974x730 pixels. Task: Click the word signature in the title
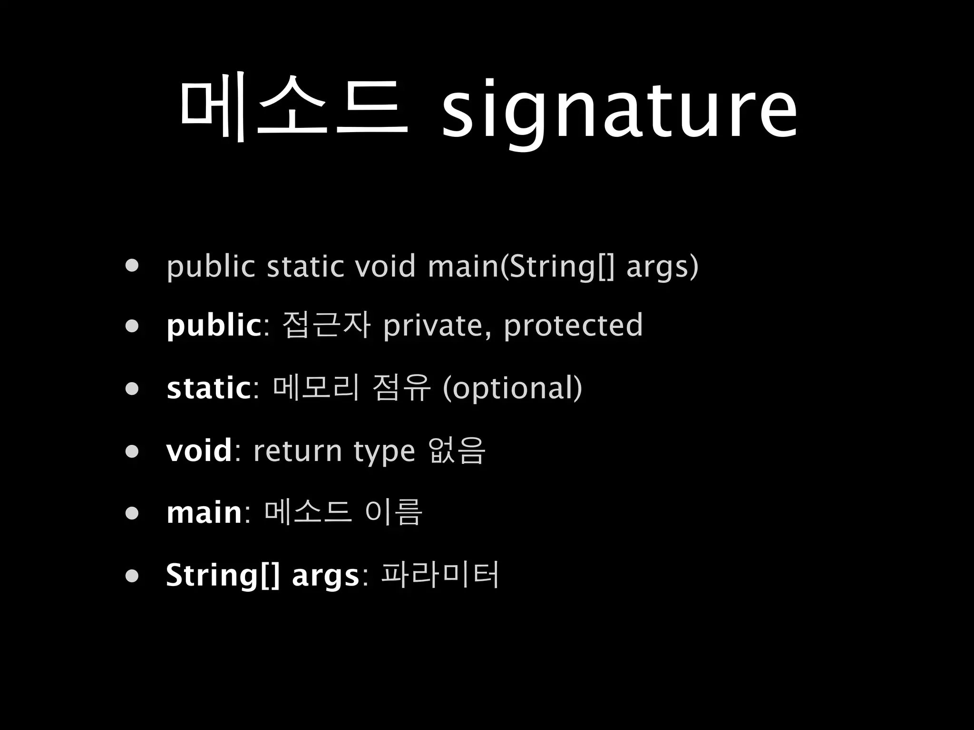pos(619,110)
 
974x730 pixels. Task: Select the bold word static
pos(209,388)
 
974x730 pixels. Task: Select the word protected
pos(573,327)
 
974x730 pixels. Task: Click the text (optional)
pos(512,388)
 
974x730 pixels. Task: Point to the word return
pos(298,450)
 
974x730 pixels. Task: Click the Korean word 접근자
pos(326,326)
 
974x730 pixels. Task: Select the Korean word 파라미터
pos(440,575)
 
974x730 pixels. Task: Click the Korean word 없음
pos(457,450)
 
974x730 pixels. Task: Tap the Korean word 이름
pos(394,512)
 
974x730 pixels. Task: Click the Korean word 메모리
pos(316,388)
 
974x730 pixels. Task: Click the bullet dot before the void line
pos(132,451)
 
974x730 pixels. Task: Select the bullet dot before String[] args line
pos(132,576)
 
